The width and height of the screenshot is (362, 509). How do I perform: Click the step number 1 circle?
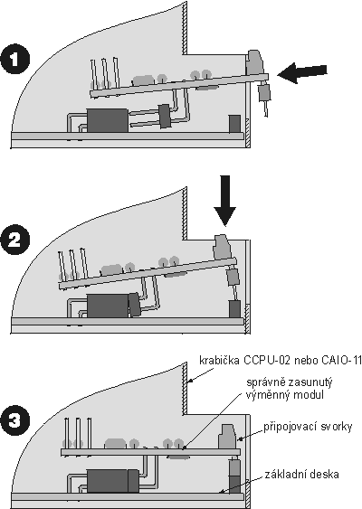[x=15, y=60]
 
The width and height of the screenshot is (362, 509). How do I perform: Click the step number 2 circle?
[x=15, y=240]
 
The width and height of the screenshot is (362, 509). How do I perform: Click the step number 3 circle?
[x=15, y=421]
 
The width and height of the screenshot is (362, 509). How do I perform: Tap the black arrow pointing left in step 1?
[x=302, y=73]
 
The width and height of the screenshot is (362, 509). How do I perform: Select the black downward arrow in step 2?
[x=224, y=201]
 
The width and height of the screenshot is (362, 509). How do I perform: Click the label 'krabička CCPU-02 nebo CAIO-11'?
[x=281, y=361]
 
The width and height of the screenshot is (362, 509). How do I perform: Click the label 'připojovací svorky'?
[x=308, y=427]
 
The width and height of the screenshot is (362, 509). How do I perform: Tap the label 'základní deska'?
[x=301, y=475]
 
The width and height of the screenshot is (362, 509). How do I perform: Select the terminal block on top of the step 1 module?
[x=255, y=62]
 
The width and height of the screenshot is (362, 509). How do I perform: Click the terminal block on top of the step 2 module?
[x=223, y=248]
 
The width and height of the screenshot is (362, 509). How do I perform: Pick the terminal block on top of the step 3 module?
[x=227, y=437]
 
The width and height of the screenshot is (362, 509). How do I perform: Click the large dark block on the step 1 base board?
[x=108, y=120]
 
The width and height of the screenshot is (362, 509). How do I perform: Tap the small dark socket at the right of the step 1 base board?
[x=234, y=124]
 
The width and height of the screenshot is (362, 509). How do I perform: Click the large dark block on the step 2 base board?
[x=108, y=306]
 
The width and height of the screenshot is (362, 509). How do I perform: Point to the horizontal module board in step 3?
[x=150, y=452]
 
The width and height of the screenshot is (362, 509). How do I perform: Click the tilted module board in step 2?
[x=148, y=274]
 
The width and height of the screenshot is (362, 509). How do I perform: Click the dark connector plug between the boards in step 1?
[x=164, y=116]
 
